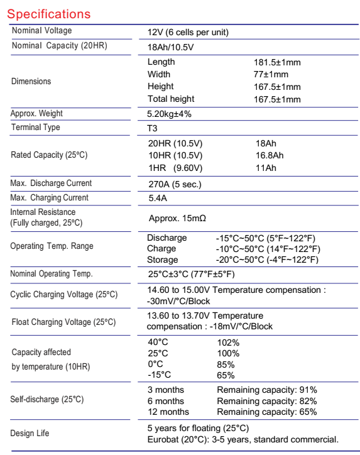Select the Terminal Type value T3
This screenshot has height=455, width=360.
(153, 128)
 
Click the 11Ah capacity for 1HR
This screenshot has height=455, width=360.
(262, 168)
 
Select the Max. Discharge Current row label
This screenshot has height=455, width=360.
(51, 184)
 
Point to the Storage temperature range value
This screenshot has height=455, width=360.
(268, 260)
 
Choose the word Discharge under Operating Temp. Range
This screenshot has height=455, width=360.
(167, 238)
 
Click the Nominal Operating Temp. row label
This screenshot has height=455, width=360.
(52, 274)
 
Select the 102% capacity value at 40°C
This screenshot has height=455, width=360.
(228, 343)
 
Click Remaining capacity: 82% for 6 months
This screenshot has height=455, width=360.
(266, 401)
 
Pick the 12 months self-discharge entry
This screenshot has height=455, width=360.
(168, 412)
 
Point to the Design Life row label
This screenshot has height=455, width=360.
(30, 434)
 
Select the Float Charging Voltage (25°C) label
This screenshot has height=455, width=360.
(63, 322)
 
